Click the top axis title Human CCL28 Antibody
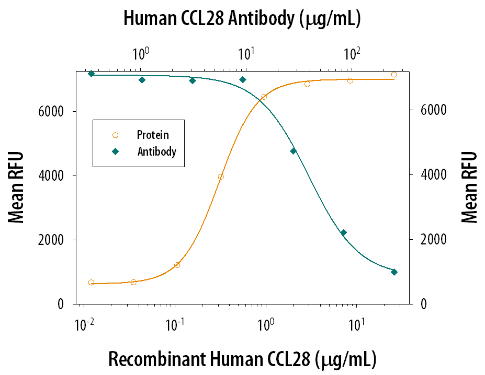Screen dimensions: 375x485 point(242,19)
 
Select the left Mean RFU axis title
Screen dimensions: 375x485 point(17,187)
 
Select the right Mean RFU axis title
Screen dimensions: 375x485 point(470,187)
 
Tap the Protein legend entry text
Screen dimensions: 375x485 point(153,135)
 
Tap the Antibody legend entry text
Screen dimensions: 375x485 point(156,152)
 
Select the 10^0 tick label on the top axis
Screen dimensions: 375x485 point(140,53)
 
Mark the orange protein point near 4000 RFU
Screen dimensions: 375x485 point(221,177)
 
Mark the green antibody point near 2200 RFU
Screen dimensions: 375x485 point(344,233)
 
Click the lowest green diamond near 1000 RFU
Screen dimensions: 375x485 point(394,272)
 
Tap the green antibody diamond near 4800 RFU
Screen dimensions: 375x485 point(293,151)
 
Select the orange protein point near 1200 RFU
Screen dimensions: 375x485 point(177,265)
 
